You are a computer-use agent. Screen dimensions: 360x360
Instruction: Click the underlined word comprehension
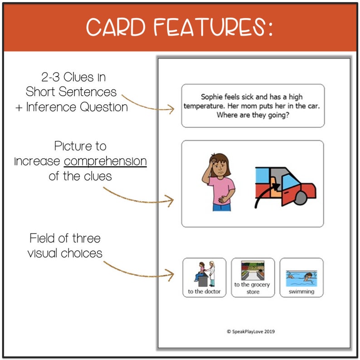(x=105, y=161)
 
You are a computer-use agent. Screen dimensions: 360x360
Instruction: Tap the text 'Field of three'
(x=65, y=238)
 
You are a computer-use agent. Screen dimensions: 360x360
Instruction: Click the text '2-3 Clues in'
(x=72, y=78)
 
